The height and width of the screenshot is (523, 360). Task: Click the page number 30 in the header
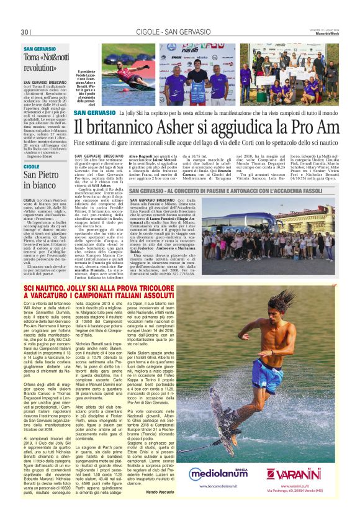coord(25,32)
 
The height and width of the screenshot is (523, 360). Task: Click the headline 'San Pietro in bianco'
coord(41,179)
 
